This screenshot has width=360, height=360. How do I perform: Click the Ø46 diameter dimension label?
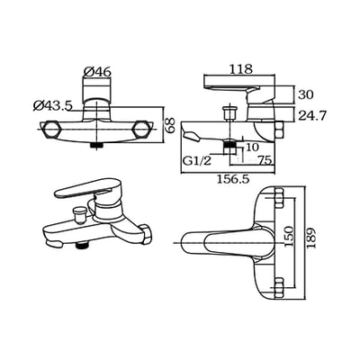pos(97,72)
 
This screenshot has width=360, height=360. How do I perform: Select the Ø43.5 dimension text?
pos(53,105)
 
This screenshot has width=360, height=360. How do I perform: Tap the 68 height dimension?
pos(170,125)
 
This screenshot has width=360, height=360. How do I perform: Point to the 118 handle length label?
pos(241,69)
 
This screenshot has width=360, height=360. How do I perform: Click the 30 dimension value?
pos(306,94)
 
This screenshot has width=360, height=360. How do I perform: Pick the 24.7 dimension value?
pos(311,115)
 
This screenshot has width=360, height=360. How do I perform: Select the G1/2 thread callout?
pos(197,161)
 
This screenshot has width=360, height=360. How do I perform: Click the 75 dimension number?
pos(265,160)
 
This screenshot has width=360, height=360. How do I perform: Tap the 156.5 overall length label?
pos(233,179)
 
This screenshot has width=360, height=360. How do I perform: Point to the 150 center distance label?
pos(288,237)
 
